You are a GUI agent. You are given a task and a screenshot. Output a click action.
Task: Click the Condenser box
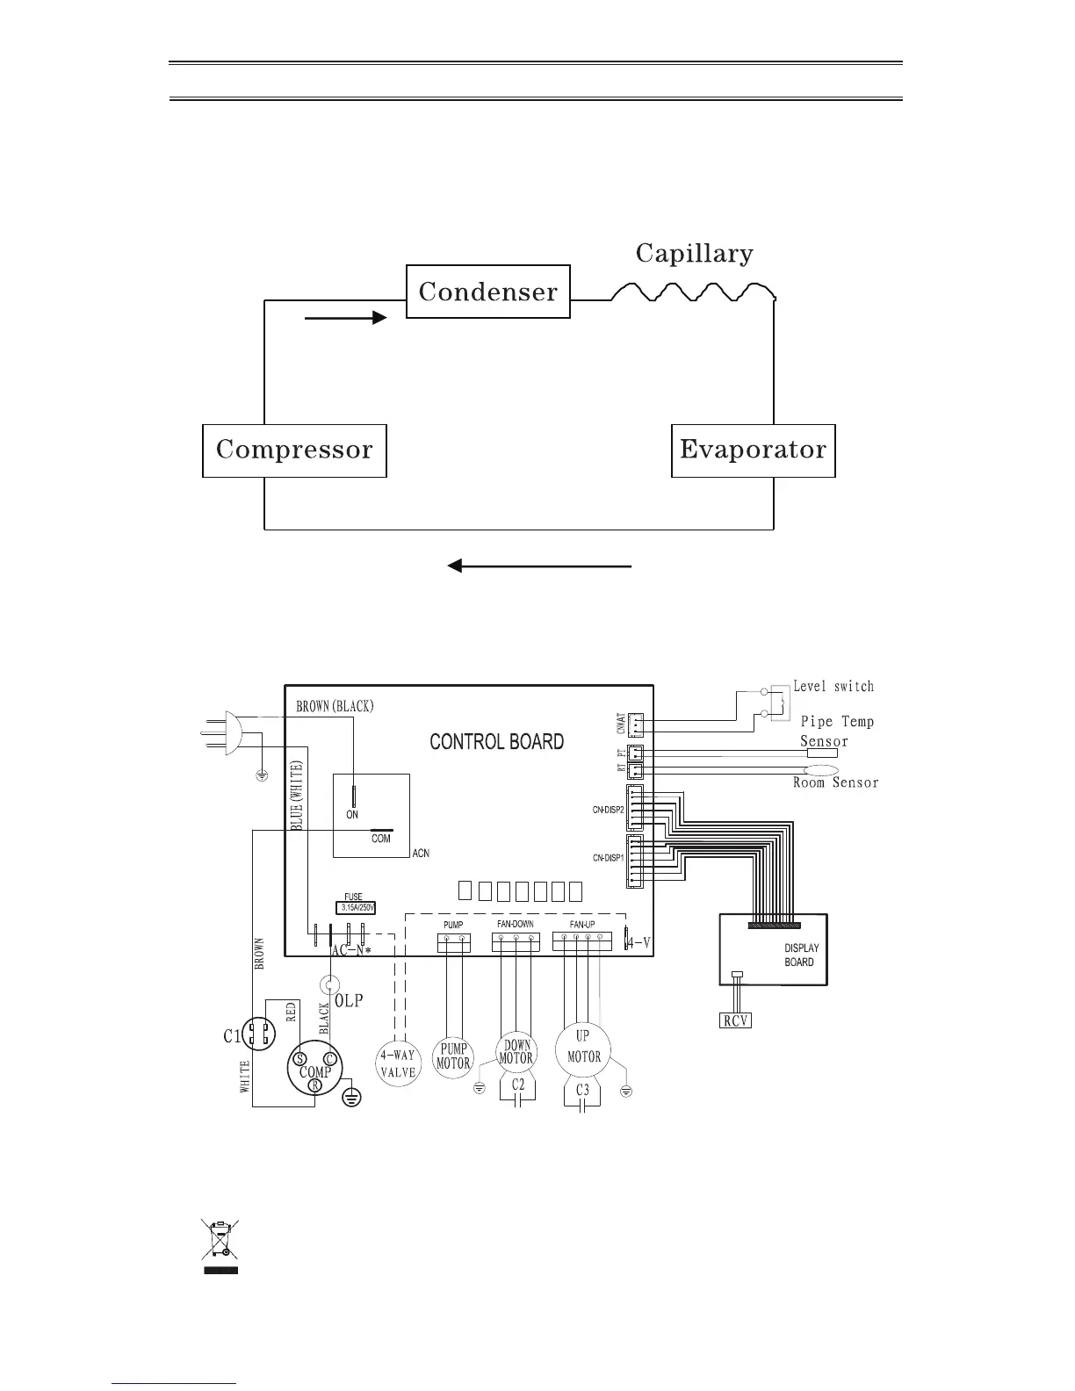pos(487,292)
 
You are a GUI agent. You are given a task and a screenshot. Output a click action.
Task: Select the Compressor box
pos(294,450)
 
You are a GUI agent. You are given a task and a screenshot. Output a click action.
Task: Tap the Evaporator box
pos(753,450)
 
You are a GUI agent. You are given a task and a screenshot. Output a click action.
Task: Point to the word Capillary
pos(694,254)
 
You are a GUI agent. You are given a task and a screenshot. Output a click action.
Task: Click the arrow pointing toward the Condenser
pos(345,318)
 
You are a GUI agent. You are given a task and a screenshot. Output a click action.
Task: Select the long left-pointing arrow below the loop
pos(539,566)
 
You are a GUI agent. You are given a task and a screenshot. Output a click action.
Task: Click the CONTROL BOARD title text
pos(496,742)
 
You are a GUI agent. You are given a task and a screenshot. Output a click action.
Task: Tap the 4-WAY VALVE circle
pos(397,1063)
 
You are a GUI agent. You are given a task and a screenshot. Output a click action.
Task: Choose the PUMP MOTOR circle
pos(454,1056)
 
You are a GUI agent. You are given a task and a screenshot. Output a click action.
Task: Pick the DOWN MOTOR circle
pos(516,1052)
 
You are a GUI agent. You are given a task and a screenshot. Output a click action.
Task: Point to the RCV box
pos(735,1020)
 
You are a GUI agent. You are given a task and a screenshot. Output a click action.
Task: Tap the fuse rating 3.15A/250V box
pos(357,907)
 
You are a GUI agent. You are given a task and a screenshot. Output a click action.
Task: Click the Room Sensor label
pos(835,782)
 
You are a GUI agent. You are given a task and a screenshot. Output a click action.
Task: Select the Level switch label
pos(833,686)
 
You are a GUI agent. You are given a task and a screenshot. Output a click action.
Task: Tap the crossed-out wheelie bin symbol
pos(220,1246)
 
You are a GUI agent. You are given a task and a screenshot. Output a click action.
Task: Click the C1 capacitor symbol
pos(257,1034)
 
